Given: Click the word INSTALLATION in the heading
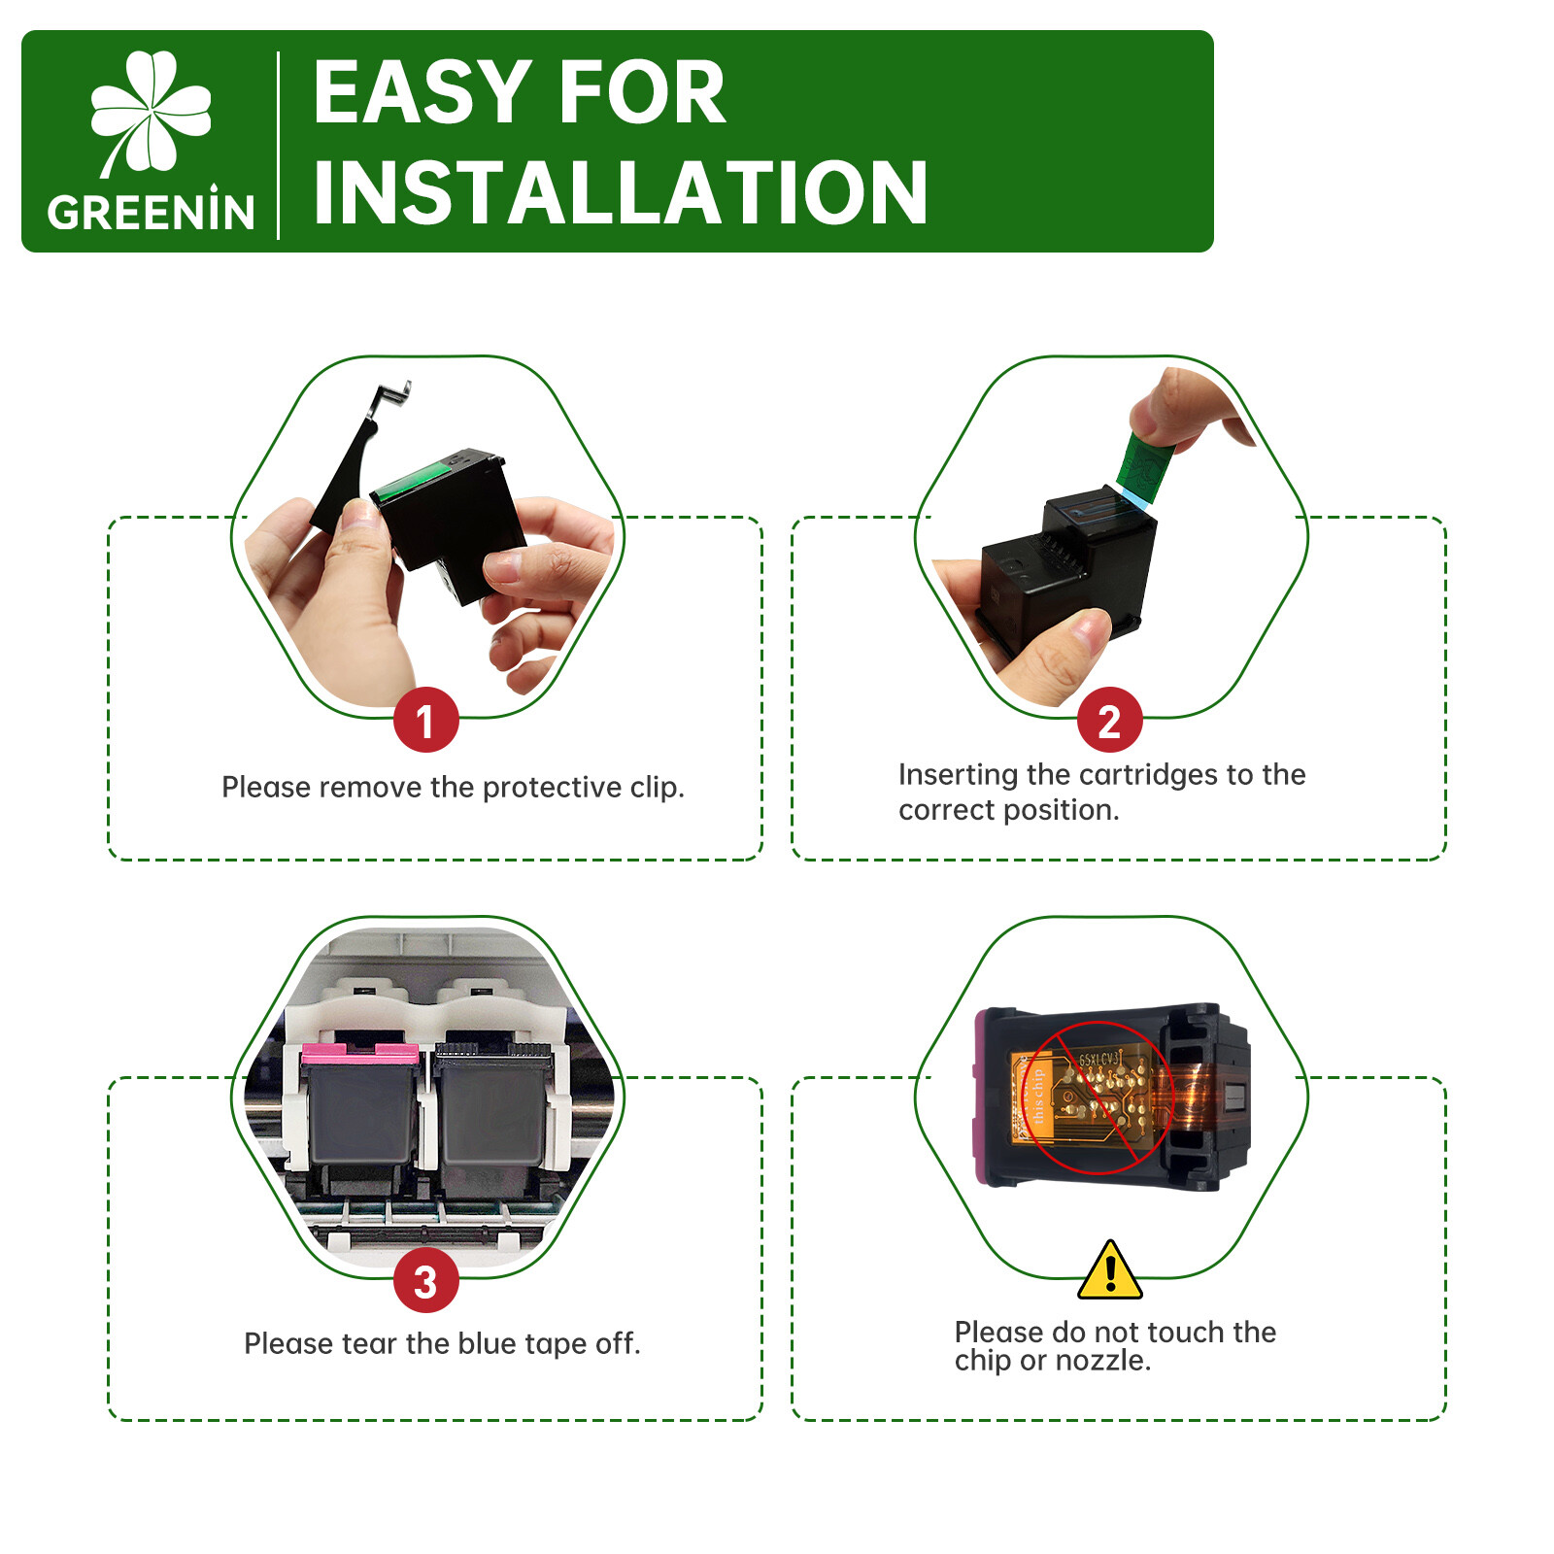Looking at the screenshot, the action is pos(621,192).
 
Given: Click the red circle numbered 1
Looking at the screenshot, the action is pos(425,720).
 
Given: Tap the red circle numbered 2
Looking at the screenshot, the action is pos(1109,720).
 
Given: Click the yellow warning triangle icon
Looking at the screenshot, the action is pos(1109,1270).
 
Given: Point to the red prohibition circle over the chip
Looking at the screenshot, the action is pos(1098,1097).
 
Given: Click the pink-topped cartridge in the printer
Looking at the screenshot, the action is pos(359,1107).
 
